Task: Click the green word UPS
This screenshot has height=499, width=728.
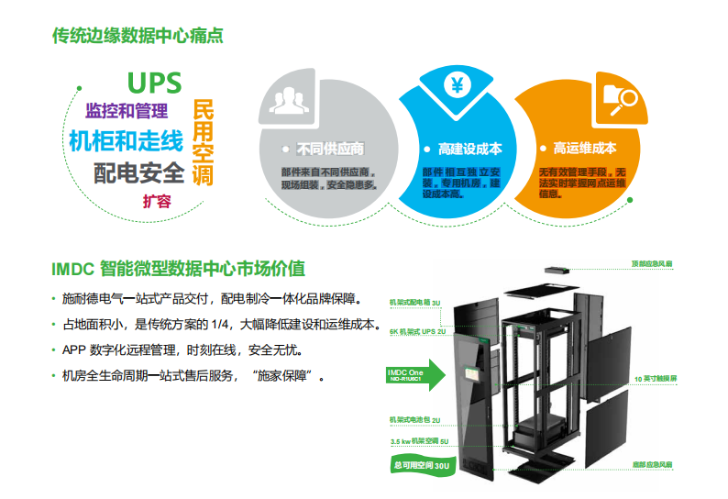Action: [x=154, y=83]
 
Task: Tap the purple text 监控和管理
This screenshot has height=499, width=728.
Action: [x=127, y=112]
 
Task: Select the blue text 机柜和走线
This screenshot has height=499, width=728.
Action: [x=126, y=142]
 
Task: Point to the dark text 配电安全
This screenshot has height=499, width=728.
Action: [x=139, y=172]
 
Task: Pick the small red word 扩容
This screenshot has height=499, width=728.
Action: [x=156, y=201]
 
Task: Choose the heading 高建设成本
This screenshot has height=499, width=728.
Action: [x=463, y=149]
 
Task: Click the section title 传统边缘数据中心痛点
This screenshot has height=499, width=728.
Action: [x=138, y=37]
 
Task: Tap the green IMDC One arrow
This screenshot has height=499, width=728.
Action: [x=413, y=374]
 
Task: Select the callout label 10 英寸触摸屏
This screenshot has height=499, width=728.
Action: [x=655, y=377]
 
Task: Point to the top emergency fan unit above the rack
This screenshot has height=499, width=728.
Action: [x=558, y=271]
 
